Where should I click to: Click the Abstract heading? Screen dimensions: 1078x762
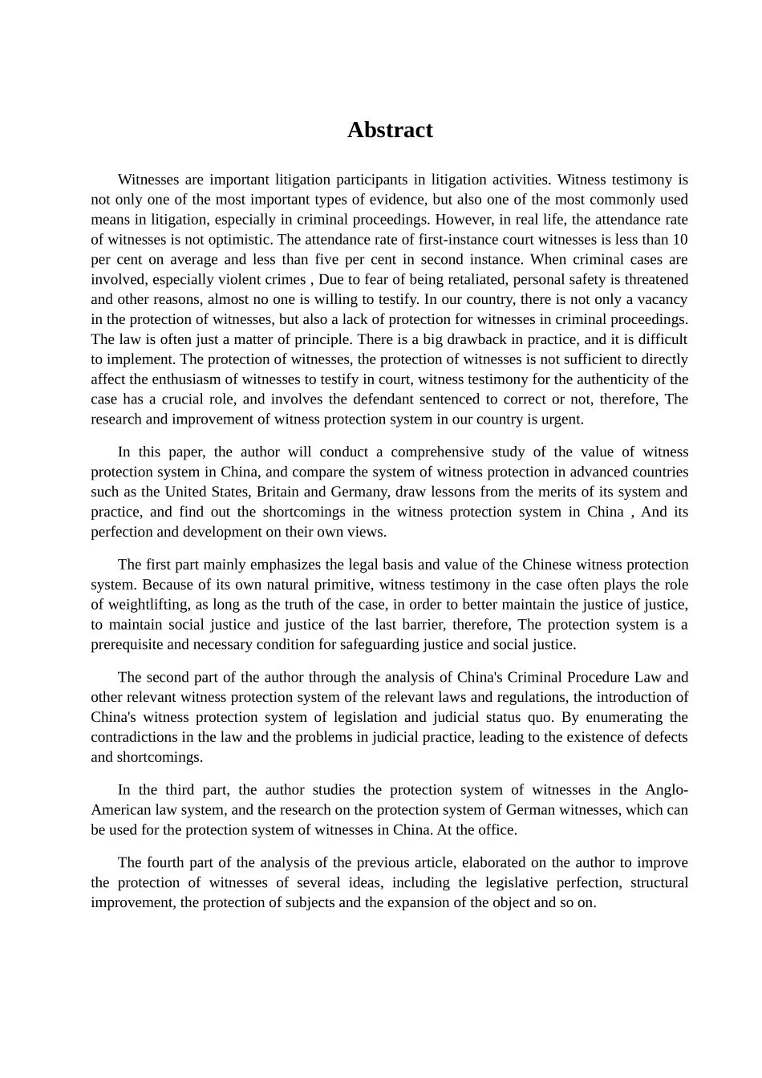[390, 130]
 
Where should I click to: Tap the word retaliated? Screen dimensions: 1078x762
[474, 279]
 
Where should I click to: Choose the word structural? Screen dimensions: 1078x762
[659, 883]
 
